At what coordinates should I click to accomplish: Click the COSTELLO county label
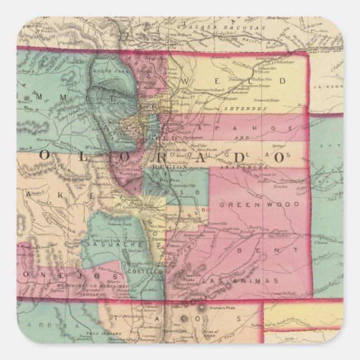pyautogui.click(x=146, y=271)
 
